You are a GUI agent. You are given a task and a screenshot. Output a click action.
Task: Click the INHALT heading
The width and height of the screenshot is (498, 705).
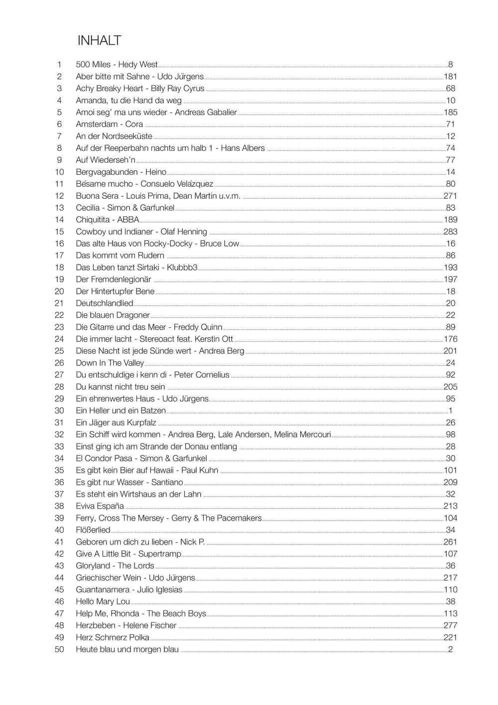coord(99,41)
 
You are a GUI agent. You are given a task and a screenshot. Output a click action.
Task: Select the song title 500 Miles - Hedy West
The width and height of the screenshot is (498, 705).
coord(117,65)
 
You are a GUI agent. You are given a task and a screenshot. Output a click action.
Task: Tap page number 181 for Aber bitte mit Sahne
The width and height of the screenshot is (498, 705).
coord(450,77)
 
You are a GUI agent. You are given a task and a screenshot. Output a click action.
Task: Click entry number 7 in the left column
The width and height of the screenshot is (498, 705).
coord(59,136)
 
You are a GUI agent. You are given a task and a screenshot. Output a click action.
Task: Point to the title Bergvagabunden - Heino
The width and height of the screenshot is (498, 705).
coord(121,172)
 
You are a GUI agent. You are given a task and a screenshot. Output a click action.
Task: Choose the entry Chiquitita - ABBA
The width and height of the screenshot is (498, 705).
coord(108,220)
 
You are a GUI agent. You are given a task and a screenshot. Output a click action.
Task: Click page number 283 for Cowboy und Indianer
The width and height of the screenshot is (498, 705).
coord(450,232)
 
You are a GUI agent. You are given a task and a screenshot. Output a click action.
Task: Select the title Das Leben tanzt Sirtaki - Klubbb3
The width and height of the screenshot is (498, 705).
coord(136,268)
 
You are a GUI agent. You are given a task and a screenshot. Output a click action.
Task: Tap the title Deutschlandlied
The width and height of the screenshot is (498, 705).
coord(105,303)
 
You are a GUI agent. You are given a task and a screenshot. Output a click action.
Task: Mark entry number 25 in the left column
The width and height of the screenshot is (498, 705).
coord(59,351)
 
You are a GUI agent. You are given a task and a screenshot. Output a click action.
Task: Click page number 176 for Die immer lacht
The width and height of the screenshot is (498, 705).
coord(450,339)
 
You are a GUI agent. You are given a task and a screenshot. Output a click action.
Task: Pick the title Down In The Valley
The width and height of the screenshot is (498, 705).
coord(110,363)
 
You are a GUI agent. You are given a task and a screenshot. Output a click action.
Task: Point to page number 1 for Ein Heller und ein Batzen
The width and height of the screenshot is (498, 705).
coord(450,411)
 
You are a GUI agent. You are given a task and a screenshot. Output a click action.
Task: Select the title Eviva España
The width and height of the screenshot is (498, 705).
coord(100,506)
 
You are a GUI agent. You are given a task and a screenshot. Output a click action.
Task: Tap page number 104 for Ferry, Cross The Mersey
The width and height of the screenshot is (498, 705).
coord(450,518)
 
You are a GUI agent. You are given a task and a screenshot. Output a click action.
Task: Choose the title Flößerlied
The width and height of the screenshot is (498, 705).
coord(93,530)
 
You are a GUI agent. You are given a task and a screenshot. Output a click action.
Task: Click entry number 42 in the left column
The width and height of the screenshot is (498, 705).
coord(59,554)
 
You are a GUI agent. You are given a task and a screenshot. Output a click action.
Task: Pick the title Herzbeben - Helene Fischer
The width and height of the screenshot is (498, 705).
coord(126,625)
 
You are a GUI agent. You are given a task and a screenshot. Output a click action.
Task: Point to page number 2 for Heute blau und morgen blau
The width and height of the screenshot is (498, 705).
coord(450,649)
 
